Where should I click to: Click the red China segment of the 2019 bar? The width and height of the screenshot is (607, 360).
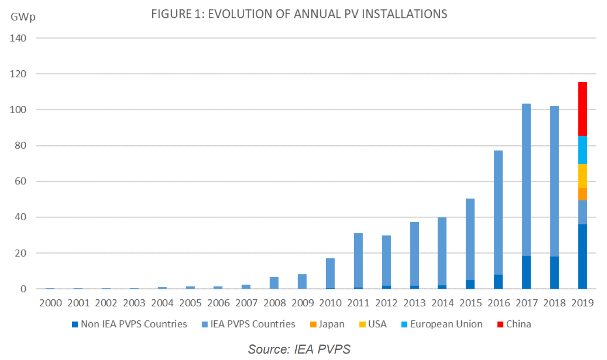tap(582, 109)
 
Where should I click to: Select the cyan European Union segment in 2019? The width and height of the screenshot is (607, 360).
tap(582, 150)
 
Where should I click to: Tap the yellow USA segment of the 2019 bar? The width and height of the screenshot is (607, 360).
tap(582, 176)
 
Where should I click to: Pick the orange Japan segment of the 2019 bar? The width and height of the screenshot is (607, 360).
tap(582, 194)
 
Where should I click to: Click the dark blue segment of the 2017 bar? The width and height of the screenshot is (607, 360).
tap(526, 272)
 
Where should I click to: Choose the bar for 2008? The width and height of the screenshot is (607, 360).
tap(274, 283)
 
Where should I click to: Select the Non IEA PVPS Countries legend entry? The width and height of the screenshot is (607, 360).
tap(129, 324)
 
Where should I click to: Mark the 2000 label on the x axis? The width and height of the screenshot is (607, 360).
tap(49, 303)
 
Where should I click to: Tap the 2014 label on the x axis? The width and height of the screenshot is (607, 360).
tap(442, 303)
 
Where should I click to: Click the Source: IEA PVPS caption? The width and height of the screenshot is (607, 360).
tap(299, 349)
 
